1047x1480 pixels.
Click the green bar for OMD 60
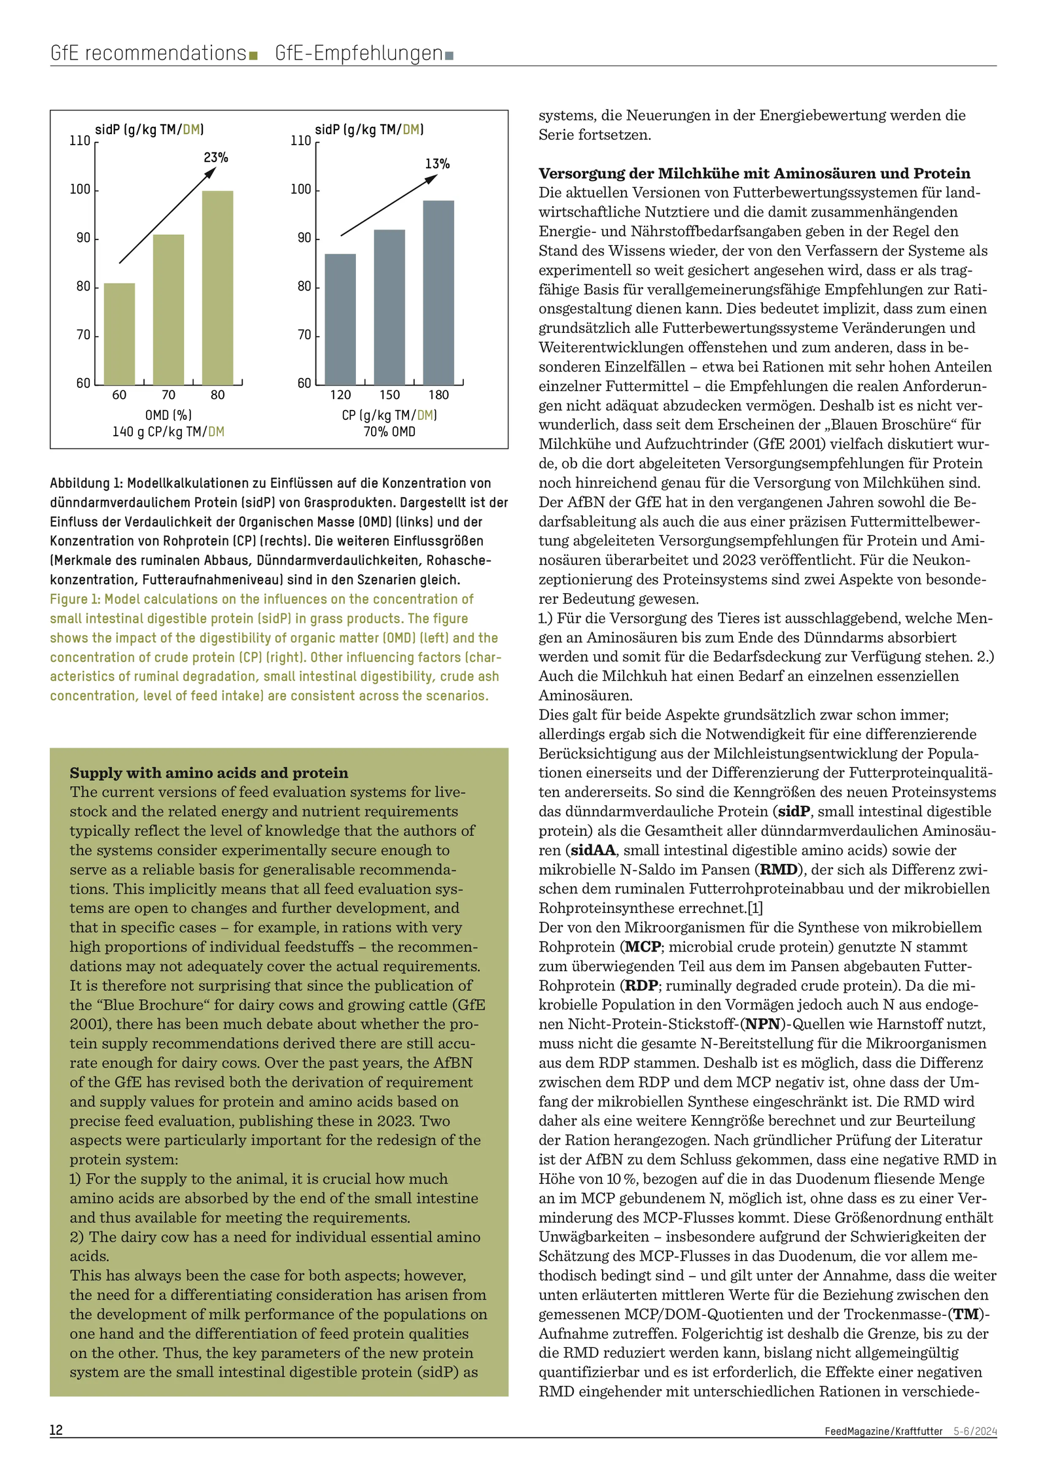tap(119, 334)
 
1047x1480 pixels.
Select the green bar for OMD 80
tap(217, 288)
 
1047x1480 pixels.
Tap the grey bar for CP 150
tap(389, 307)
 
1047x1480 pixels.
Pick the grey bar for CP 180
tap(438, 292)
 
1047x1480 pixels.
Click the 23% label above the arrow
tap(216, 158)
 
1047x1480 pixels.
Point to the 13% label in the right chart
tap(437, 163)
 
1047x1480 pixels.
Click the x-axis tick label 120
tap(340, 395)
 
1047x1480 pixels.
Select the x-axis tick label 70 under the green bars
tap(168, 395)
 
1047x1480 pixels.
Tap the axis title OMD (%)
tap(168, 415)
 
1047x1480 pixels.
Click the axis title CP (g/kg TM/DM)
tap(389, 415)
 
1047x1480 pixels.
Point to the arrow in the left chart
tap(167, 216)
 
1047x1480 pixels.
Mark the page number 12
tap(56, 1448)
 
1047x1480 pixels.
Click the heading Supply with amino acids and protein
tap(209, 772)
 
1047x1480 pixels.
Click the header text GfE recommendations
tap(148, 53)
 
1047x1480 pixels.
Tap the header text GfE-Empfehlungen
tap(359, 53)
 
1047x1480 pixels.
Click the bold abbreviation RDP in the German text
tap(641, 986)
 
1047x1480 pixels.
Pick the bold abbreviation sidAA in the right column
tap(593, 850)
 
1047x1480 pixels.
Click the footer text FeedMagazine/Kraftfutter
tap(883, 1449)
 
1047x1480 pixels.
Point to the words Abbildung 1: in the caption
tap(86, 483)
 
